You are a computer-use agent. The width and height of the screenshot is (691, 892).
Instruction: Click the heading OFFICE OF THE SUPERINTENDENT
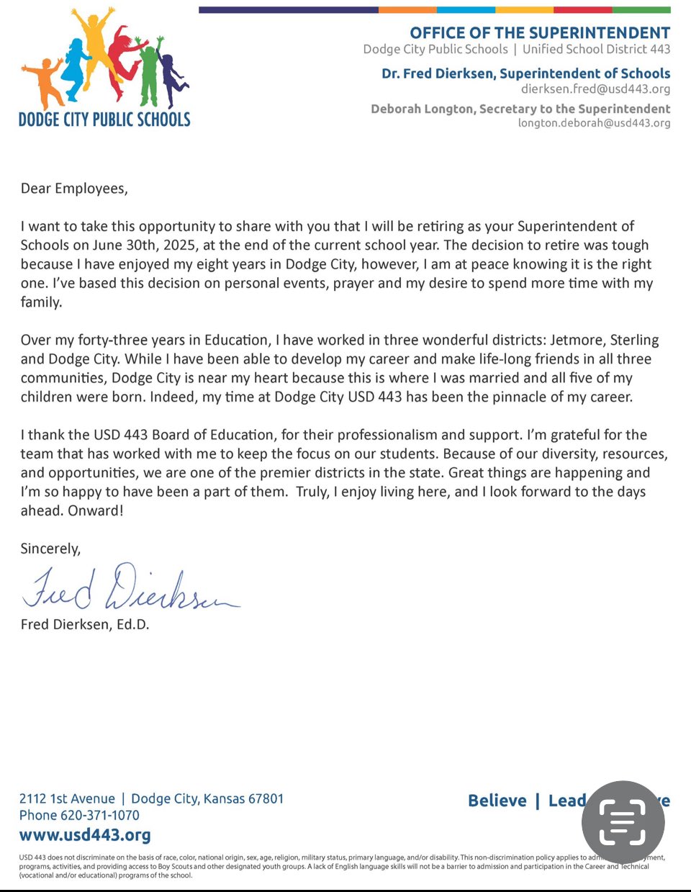(x=540, y=33)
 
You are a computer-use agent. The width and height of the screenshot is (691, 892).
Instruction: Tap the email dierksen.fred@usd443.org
(x=595, y=89)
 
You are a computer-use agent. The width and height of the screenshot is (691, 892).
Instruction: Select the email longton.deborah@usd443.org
(x=594, y=123)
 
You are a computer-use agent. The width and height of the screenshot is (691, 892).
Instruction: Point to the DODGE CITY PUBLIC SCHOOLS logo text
(x=104, y=120)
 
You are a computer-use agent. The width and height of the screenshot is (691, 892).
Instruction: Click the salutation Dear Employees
(x=74, y=189)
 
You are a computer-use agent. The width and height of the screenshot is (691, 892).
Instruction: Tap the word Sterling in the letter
(x=634, y=341)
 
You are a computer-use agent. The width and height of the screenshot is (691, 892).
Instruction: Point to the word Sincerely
(x=50, y=549)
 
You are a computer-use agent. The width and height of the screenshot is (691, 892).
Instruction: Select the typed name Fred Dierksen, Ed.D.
(x=85, y=624)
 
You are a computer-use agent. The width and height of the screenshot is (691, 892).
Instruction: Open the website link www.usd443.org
(x=85, y=835)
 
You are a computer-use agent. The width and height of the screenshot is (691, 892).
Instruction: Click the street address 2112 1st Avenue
(x=67, y=798)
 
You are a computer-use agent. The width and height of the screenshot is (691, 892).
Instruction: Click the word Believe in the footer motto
(x=497, y=801)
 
